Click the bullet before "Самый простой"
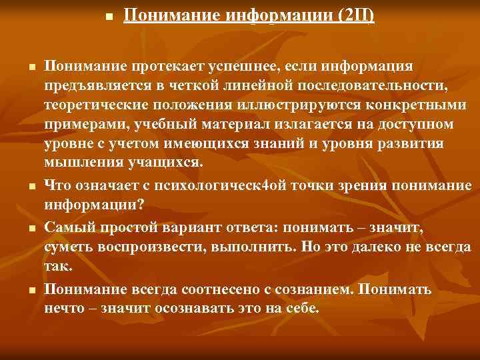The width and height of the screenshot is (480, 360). click(x=32, y=228)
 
